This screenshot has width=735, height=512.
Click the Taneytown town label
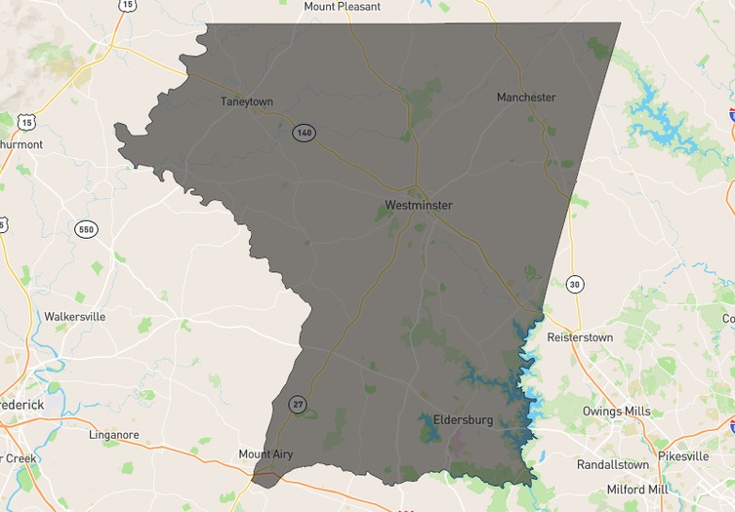247,101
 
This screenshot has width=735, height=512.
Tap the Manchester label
526,98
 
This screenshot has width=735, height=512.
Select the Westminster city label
419,206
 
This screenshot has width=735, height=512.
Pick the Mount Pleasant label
342,6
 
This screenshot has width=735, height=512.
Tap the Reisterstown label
580,337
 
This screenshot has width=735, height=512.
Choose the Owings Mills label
616,412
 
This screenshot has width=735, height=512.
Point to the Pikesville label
683,456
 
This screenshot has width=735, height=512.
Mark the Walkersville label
74,317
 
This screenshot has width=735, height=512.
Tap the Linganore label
114,435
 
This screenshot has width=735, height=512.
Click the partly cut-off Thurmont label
21,144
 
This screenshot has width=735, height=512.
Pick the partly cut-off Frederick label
21,405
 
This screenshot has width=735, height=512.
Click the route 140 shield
304,133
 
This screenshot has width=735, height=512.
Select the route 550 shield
86,229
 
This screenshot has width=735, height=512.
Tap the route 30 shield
575,284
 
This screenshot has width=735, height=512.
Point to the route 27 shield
297,404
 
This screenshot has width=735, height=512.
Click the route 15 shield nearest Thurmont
26,122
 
